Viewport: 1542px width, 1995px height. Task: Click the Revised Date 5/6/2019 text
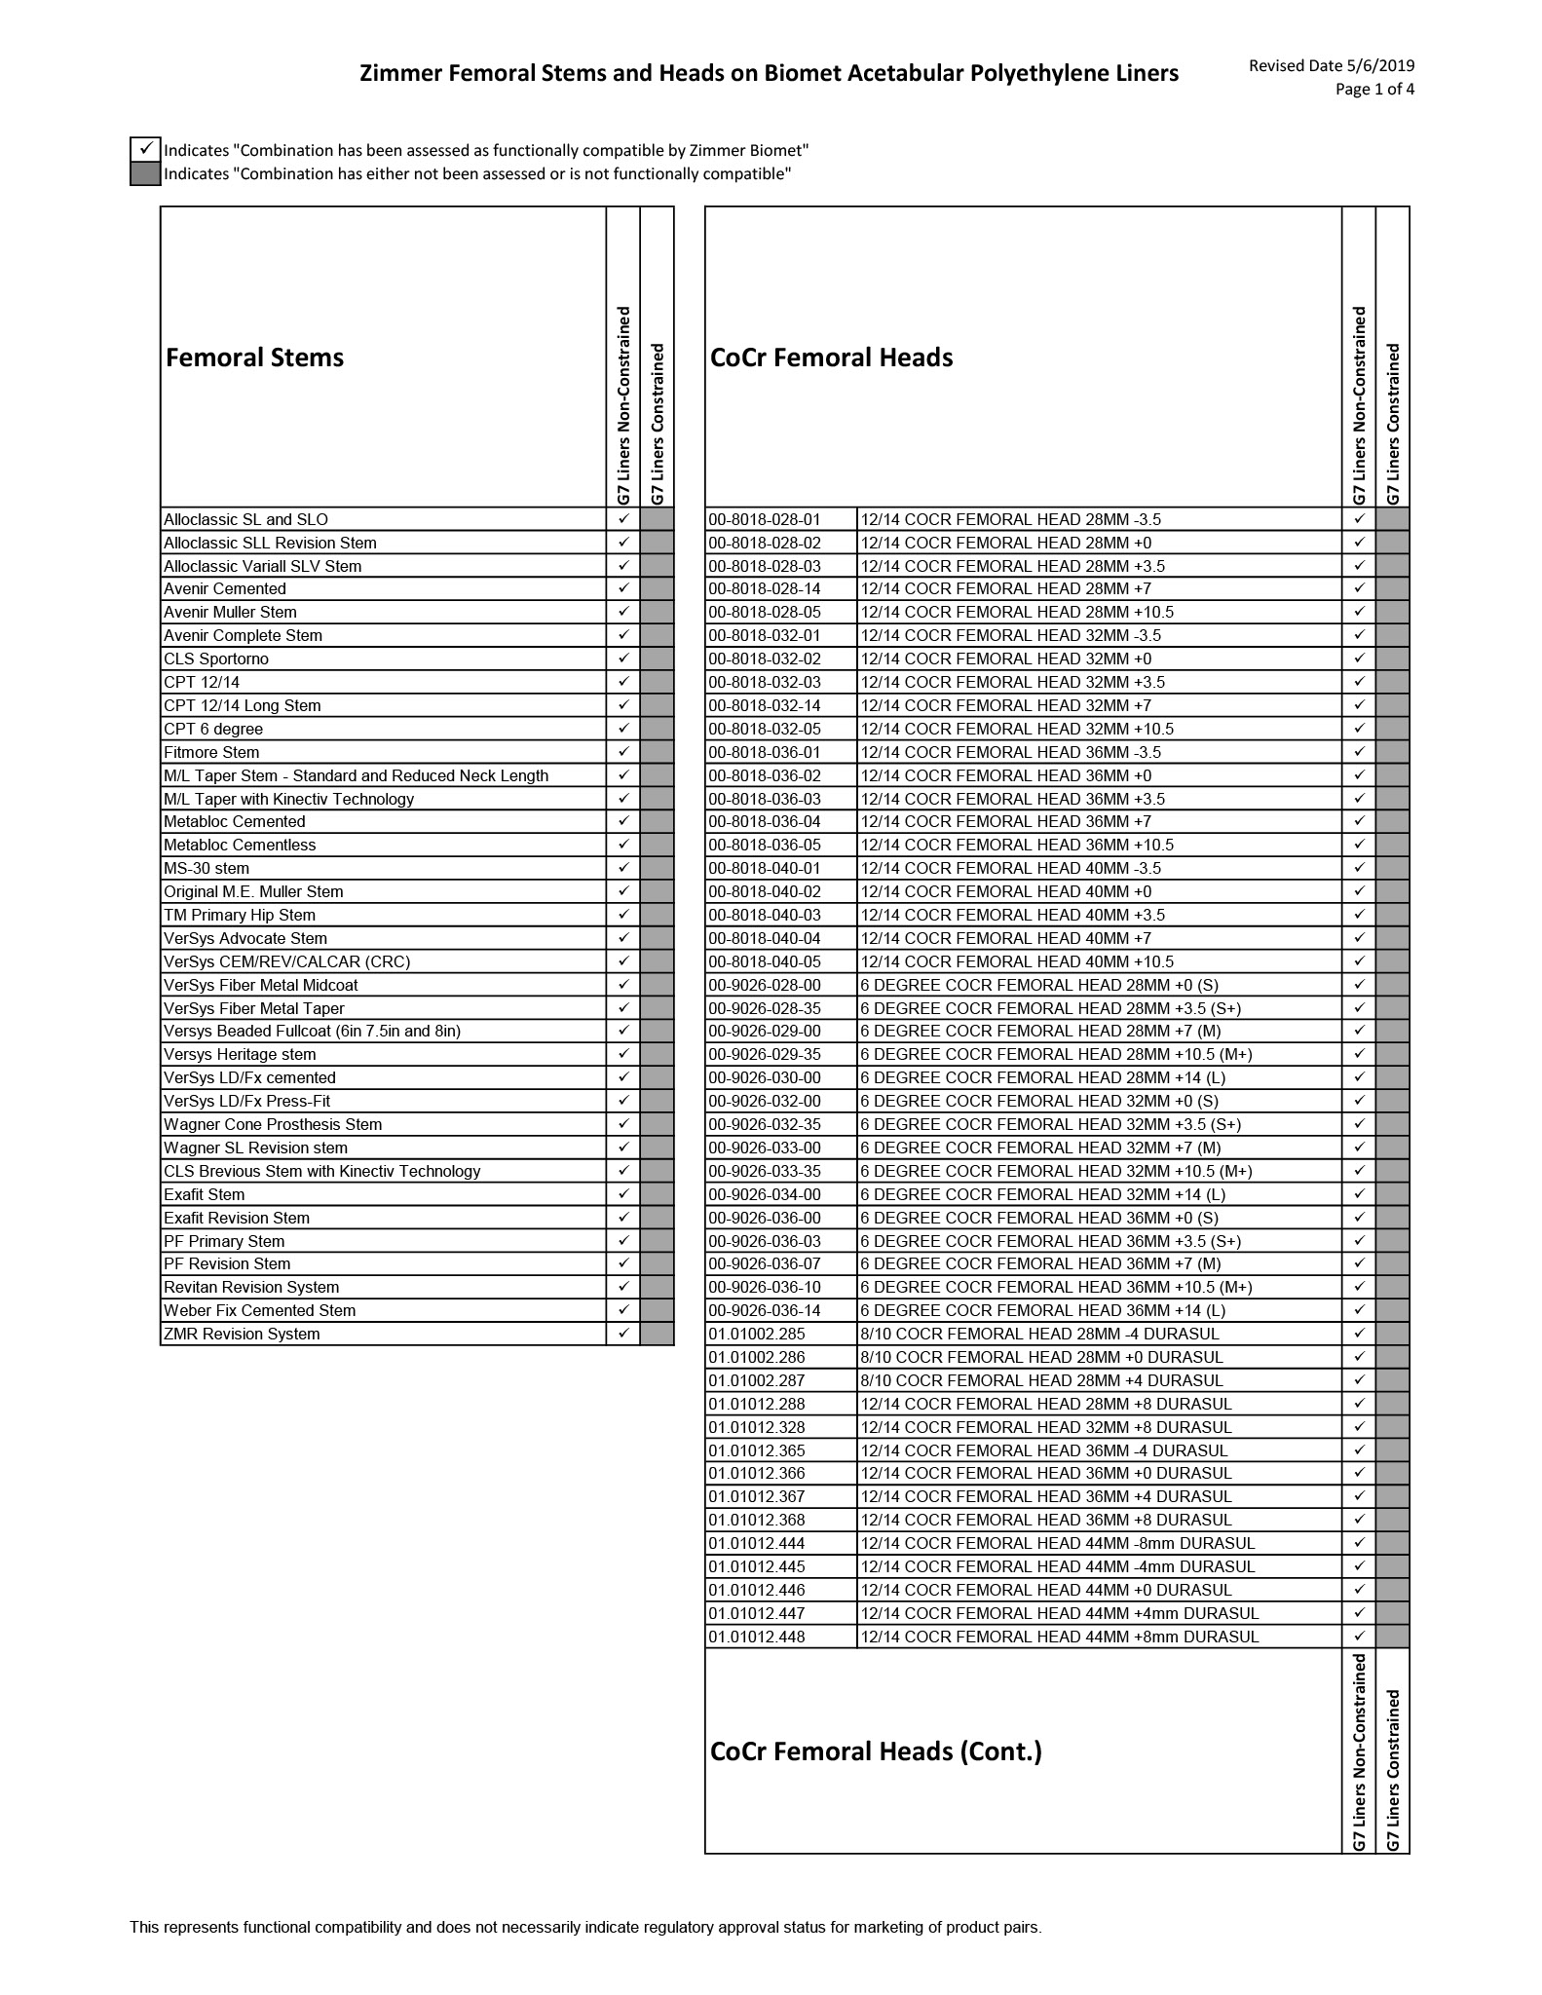tap(1331, 65)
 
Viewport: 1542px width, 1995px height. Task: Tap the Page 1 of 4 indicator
tap(1374, 90)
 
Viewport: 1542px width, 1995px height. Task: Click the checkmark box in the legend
tap(145, 149)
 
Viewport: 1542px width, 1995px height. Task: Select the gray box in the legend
tap(145, 173)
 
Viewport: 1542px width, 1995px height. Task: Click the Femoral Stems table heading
tap(254, 358)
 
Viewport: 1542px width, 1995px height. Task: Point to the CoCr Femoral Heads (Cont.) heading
tap(876, 1751)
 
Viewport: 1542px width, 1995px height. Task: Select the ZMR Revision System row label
tap(242, 1334)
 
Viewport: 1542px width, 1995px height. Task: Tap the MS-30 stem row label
tap(207, 868)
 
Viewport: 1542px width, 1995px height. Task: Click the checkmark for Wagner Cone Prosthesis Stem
tap(623, 1124)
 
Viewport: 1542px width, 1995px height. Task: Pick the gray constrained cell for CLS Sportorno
tap(658, 659)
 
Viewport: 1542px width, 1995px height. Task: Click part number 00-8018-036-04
tap(765, 821)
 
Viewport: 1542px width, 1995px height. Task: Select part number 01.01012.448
tap(757, 1637)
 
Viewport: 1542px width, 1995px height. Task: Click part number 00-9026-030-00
tap(765, 1077)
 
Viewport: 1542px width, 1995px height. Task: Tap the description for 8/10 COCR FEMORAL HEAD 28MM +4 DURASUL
tap(1041, 1380)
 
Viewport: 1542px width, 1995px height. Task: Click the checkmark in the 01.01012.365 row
tap(1359, 1450)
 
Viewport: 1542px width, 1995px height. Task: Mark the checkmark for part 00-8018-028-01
tap(1359, 519)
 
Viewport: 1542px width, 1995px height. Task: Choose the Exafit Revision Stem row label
tap(237, 1218)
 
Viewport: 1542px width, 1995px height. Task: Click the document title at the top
tap(769, 73)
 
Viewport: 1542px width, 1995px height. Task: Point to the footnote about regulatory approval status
tap(585, 1927)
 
